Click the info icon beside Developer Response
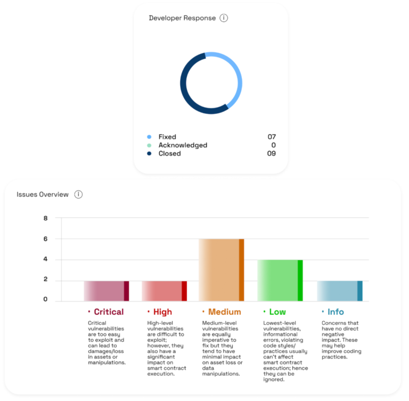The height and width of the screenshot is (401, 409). click(224, 18)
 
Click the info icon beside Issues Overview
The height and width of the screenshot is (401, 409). click(78, 194)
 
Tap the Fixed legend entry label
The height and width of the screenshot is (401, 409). click(167, 137)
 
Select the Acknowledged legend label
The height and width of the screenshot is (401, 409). click(183, 145)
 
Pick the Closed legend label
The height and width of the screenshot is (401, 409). click(169, 154)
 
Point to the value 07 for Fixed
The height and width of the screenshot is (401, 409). click(272, 137)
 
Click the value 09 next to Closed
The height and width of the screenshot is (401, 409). click(272, 154)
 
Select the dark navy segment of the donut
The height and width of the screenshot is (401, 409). click(184, 88)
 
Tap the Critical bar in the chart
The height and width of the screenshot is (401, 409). click(107, 291)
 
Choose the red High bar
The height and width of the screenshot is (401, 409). click(165, 291)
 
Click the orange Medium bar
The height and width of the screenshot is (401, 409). click(222, 270)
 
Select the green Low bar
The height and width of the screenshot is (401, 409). click(280, 280)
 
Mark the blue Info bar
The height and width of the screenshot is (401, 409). click(340, 291)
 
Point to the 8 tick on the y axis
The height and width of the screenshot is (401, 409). click(46, 218)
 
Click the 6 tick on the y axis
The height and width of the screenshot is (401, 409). click(46, 239)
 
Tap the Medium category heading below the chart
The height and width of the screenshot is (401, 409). click(224, 312)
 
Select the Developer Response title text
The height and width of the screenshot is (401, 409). click(182, 18)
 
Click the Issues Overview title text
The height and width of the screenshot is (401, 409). click(43, 194)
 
